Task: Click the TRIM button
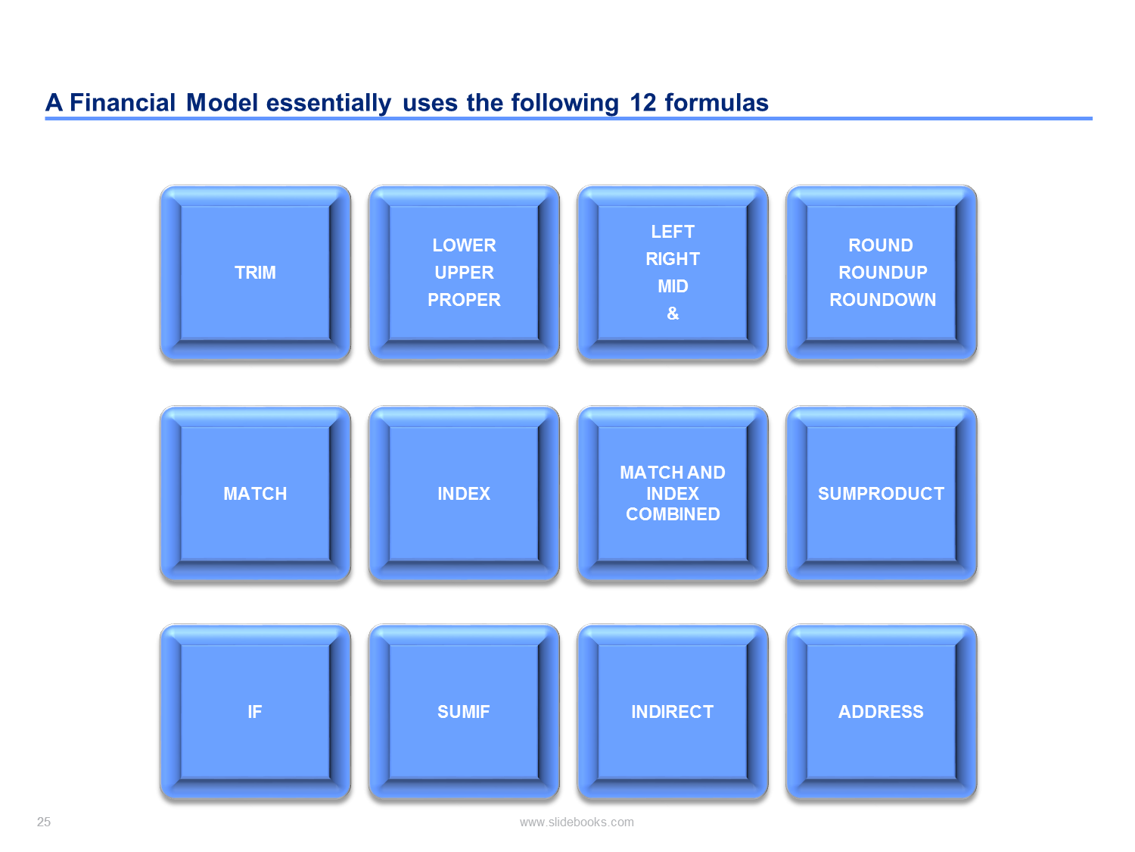point(255,272)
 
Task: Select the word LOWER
point(464,245)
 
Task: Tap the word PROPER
point(464,299)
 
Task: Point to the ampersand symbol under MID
point(673,313)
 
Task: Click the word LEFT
point(673,231)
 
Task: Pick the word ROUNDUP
point(883,272)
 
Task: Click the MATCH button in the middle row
point(255,493)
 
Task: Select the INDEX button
point(464,493)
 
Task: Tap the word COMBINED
point(673,513)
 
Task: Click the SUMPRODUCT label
point(881,493)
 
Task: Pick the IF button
point(255,711)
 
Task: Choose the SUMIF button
point(464,711)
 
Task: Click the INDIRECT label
point(672,711)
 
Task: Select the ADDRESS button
point(881,711)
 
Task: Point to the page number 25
point(43,822)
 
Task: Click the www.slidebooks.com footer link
point(577,822)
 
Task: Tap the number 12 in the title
point(642,102)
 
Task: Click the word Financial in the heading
point(123,102)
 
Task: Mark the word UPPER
point(464,272)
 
